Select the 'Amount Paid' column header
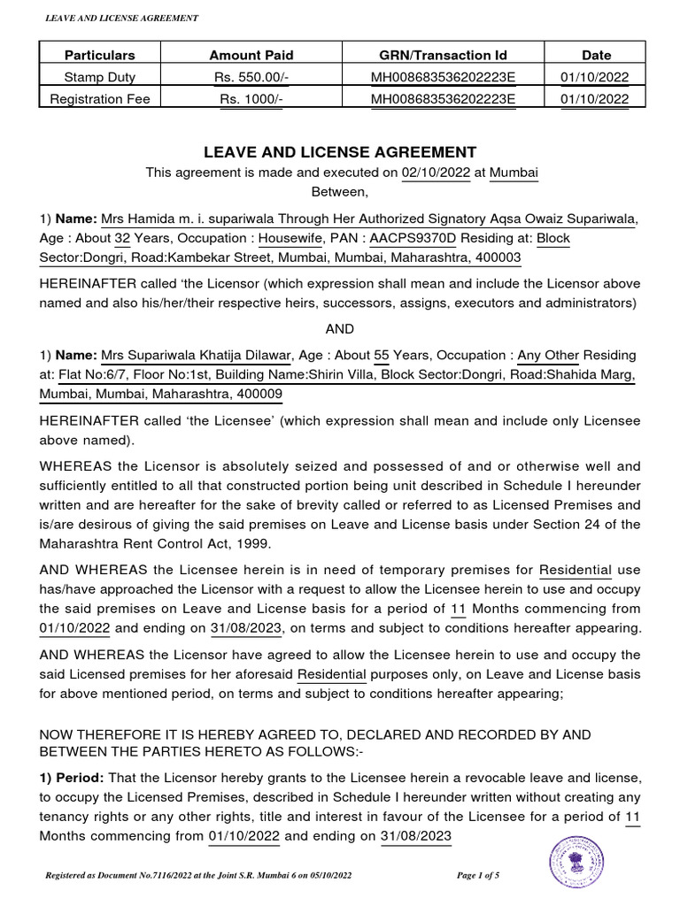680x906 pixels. (x=248, y=55)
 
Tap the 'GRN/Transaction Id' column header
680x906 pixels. (x=443, y=55)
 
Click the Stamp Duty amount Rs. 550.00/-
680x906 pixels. (x=248, y=77)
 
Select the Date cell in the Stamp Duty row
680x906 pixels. (x=596, y=77)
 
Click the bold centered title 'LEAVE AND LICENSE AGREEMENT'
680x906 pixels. (x=340, y=152)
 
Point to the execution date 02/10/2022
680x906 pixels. (x=435, y=173)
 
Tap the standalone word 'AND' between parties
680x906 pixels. (x=340, y=328)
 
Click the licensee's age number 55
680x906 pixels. (x=382, y=356)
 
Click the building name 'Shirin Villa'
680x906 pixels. (x=336, y=375)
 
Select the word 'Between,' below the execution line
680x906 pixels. (x=340, y=190)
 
